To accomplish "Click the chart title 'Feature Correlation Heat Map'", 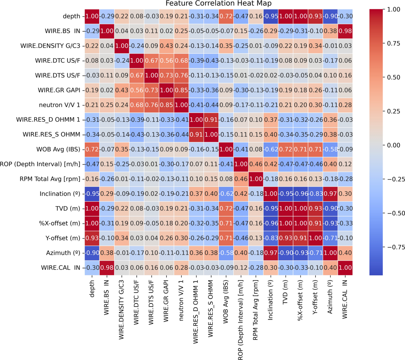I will (x=218, y=4).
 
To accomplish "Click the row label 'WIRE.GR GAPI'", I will (x=59, y=90).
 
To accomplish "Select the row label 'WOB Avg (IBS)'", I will (x=58, y=149).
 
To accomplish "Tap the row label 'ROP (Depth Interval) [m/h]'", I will (x=40, y=164).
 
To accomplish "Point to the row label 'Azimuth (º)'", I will (x=63, y=253).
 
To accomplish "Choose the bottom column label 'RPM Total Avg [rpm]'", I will (x=255, y=310).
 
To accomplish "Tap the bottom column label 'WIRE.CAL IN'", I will (x=345, y=299).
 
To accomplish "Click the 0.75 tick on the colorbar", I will (x=393, y=43).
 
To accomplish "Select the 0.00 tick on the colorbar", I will (x=393, y=145).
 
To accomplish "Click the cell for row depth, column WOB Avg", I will (x=226, y=16).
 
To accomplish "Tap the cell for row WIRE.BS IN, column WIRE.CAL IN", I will (x=345, y=31).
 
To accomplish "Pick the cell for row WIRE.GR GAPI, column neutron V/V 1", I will (x=181, y=90).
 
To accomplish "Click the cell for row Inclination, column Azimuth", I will (x=330, y=194).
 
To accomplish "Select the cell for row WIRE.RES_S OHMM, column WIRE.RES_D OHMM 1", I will (x=196, y=134).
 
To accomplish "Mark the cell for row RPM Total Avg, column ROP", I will (x=241, y=179).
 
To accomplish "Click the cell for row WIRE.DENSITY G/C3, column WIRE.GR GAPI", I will (x=166, y=46).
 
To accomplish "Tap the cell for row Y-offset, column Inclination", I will (x=270, y=238).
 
